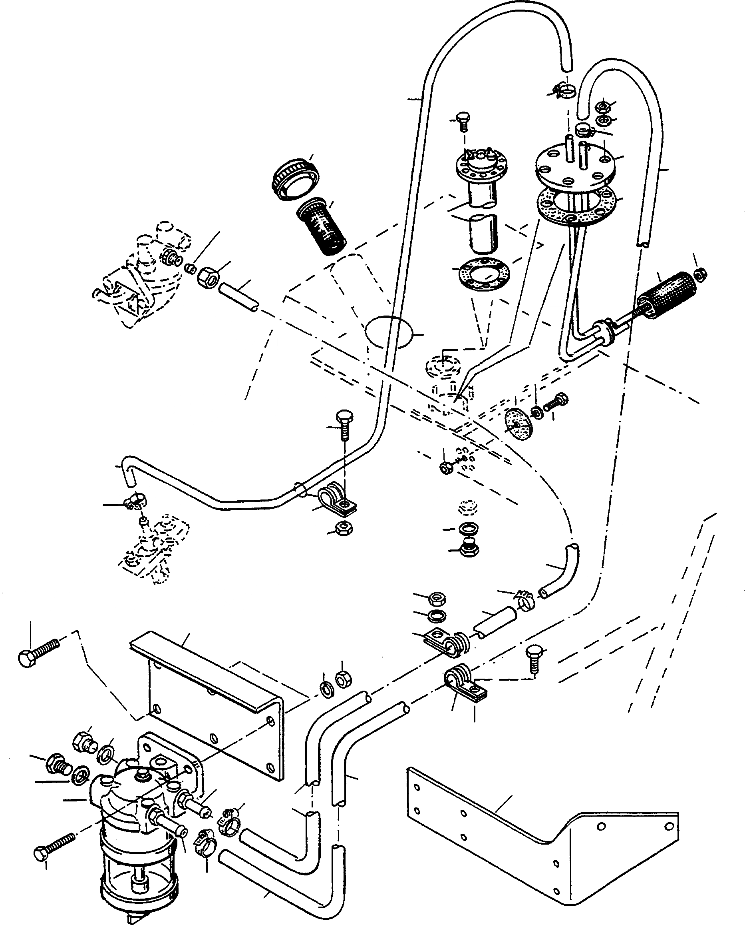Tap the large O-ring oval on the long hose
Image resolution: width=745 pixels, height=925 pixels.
[x=388, y=332]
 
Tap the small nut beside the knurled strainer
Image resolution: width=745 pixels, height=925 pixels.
[x=700, y=274]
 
